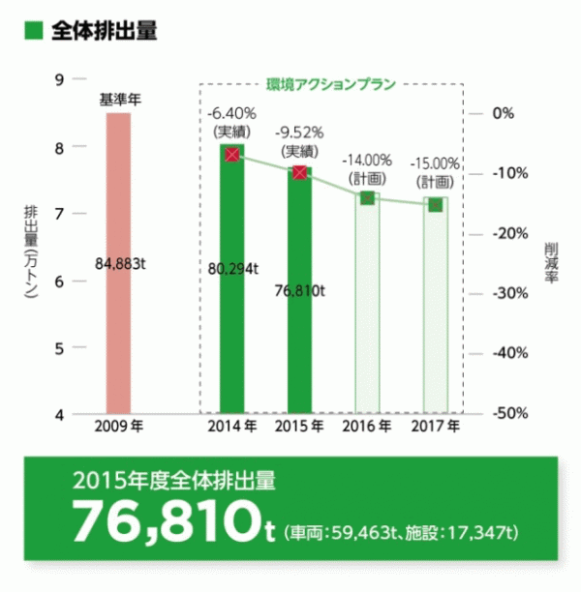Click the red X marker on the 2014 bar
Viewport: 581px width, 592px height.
point(231,155)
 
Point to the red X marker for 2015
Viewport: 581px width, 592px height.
point(299,172)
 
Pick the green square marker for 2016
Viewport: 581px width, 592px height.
point(367,198)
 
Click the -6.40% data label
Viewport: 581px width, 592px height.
point(231,113)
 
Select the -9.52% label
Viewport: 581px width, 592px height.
point(299,131)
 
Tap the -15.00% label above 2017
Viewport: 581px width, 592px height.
point(435,163)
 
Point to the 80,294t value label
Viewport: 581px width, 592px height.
point(233,269)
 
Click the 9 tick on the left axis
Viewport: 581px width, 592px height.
point(60,80)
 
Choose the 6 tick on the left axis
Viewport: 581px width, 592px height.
point(60,281)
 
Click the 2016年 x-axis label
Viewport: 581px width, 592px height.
point(367,425)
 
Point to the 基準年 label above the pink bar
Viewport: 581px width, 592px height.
point(120,99)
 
